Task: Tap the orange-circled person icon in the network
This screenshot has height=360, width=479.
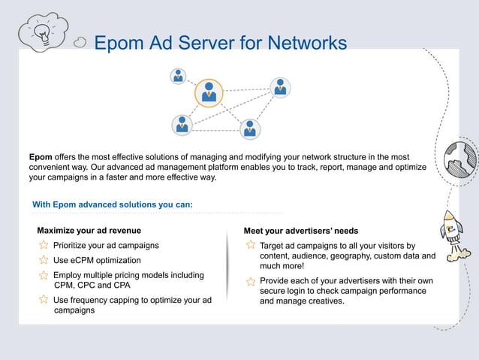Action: (x=209, y=93)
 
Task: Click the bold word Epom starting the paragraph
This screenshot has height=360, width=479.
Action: (x=41, y=156)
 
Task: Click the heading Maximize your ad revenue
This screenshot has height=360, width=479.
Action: (x=89, y=230)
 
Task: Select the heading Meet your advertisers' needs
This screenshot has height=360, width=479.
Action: (x=301, y=230)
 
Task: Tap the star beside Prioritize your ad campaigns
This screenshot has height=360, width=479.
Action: (x=44, y=246)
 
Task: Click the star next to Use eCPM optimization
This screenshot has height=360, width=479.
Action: (x=44, y=260)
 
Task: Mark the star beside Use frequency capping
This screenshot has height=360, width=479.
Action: (x=44, y=300)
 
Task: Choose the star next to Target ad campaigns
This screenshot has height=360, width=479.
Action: (x=251, y=246)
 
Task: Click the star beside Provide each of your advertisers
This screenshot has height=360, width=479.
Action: (x=251, y=282)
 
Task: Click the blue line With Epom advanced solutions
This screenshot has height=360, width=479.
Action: (x=113, y=204)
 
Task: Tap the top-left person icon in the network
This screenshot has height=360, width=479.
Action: (x=178, y=75)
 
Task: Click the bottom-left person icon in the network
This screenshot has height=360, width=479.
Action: (x=181, y=124)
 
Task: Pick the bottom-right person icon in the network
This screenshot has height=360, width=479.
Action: (x=250, y=128)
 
